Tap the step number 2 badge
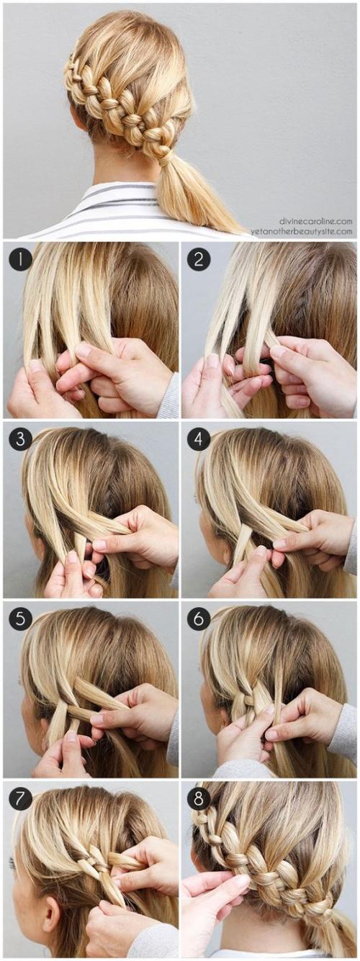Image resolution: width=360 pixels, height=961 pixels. point(199,260)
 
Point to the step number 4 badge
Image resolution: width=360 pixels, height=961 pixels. point(199,439)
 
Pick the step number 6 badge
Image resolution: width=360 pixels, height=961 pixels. point(199,618)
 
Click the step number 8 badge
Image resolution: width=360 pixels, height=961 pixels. point(199,798)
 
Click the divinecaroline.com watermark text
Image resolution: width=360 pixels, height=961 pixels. point(315,222)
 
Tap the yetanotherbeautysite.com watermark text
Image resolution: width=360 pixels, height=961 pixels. point(301,231)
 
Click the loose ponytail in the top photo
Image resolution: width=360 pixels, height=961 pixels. point(193,193)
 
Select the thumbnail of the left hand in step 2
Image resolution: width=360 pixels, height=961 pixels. point(213,361)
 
